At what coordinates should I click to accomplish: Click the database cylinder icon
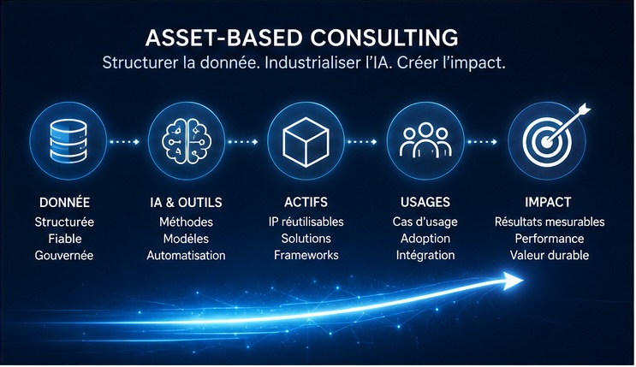point(68,140)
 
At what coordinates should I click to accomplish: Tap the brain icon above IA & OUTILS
point(186,140)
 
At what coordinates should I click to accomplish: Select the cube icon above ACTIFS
point(306,142)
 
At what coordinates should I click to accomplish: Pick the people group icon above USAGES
point(425,140)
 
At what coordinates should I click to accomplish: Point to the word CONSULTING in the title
point(384,38)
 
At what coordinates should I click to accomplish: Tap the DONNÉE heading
point(64,202)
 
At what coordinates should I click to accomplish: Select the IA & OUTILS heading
point(186,203)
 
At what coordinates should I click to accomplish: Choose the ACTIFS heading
point(306,202)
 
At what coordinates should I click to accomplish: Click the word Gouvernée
point(64,256)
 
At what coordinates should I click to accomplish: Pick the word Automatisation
point(186,256)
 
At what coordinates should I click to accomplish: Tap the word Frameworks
point(306,255)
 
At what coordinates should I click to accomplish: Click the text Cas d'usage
point(425,222)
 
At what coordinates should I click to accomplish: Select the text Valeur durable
point(550,255)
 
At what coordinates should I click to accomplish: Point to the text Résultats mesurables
point(550,222)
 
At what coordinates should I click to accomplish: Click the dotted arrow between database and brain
point(124,142)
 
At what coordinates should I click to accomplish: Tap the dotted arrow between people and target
point(482,142)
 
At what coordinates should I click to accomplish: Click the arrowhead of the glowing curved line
point(512,281)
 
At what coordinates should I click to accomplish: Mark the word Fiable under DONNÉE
point(65,239)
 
